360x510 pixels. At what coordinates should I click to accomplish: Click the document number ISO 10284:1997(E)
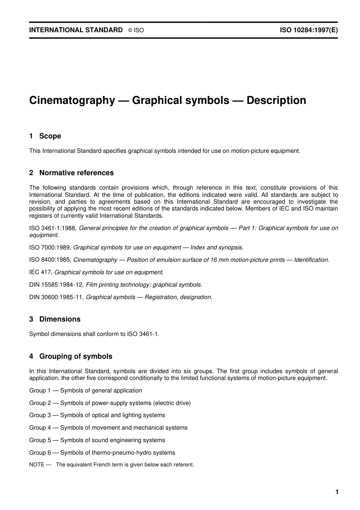[x=308, y=30]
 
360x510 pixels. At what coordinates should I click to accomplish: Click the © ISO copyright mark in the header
[x=136, y=30]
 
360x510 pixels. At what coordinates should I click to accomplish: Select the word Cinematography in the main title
[x=72, y=100]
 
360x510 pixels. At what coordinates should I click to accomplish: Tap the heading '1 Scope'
[x=45, y=136]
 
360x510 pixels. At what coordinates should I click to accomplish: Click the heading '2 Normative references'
[x=71, y=173]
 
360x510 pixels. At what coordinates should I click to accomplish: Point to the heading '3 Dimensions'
[x=55, y=319]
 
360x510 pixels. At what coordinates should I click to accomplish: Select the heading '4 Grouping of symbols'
[x=71, y=356]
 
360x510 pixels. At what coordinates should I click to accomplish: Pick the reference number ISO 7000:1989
[x=50, y=248]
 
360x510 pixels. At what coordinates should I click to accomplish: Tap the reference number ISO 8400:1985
[x=50, y=260]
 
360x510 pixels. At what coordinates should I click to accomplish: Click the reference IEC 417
[x=41, y=272]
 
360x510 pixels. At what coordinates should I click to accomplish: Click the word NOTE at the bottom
[x=37, y=465]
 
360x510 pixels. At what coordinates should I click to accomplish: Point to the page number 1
[x=337, y=492]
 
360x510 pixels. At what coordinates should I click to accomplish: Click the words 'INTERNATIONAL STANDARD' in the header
[x=76, y=30]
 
